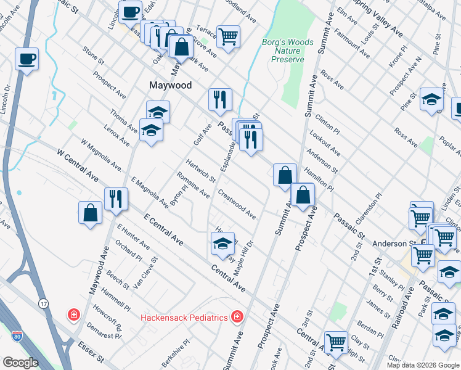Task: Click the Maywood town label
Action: (170, 85)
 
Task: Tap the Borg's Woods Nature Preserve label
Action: (288, 51)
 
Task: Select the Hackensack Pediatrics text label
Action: (184, 318)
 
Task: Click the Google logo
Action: (21, 363)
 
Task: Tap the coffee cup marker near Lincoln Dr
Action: (27, 60)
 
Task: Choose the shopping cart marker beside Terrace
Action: (228, 36)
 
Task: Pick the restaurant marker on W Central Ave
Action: (115, 198)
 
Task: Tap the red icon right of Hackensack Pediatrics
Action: (237, 317)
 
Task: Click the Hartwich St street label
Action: (201, 171)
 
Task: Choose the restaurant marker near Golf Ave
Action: (219, 99)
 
